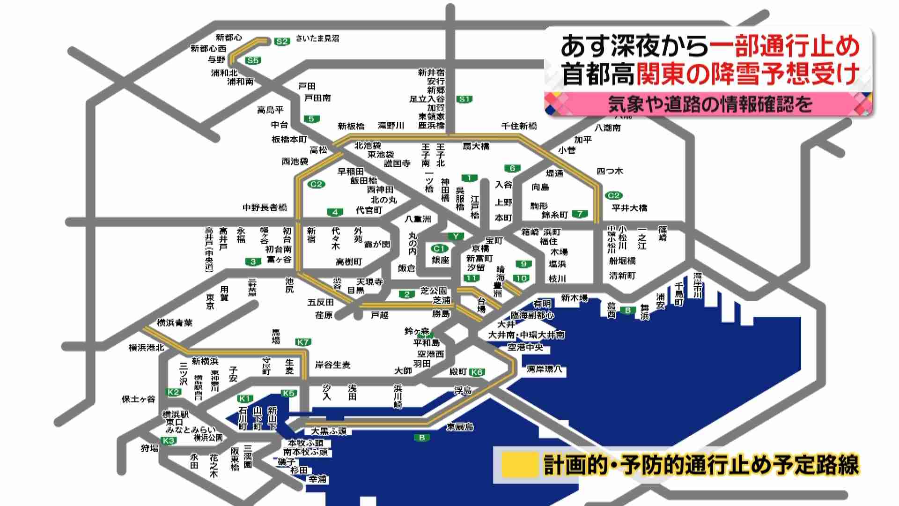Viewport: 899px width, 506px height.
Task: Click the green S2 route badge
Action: pyautogui.click(x=281, y=42)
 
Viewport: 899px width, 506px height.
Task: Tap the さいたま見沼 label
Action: pyautogui.click(x=317, y=38)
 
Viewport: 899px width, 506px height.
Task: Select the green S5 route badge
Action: pyautogui.click(x=253, y=60)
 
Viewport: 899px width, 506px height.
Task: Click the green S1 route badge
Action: pyautogui.click(x=464, y=99)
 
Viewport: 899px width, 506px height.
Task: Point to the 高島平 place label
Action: pyautogui.click(x=270, y=110)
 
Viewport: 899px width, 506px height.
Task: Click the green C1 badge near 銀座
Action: pyautogui.click(x=439, y=249)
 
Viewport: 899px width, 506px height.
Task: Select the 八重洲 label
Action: pyautogui.click(x=418, y=219)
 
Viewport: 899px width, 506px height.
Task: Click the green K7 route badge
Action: pyautogui.click(x=303, y=342)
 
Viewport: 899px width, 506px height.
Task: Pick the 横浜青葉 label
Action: pyautogui.click(x=174, y=323)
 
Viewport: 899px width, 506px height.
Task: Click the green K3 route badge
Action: pyautogui.click(x=169, y=440)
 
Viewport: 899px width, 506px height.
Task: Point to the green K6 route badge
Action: pyautogui.click(x=477, y=372)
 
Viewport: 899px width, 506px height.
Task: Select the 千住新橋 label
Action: pyautogui.click(x=519, y=126)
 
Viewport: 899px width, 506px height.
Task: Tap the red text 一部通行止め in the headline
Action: pyautogui.click(x=784, y=46)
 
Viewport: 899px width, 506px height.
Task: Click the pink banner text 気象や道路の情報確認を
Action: pyautogui.click(x=709, y=104)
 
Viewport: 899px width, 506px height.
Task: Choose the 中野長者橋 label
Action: pyautogui.click(x=265, y=207)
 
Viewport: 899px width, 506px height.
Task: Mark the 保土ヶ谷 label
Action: pyautogui.click(x=138, y=399)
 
